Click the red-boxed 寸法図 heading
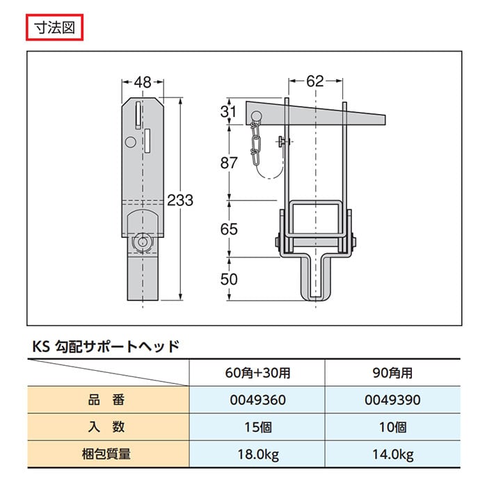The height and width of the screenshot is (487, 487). pyautogui.click(x=55, y=28)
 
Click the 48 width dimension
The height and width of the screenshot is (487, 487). pyautogui.click(x=143, y=82)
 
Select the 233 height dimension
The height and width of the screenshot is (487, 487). pyautogui.click(x=180, y=200)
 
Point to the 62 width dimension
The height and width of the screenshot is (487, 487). pyautogui.click(x=315, y=81)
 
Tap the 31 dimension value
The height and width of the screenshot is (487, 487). pyautogui.click(x=228, y=111)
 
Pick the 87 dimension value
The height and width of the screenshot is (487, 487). pyautogui.click(x=229, y=163)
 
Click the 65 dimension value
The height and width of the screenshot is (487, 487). pyautogui.click(x=229, y=229)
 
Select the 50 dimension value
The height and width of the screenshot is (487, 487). pyautogui.click(x=229, y=279)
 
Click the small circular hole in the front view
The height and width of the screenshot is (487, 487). pyautogui.click(x=131, y=142)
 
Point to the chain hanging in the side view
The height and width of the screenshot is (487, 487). pyautogui.click(x=255, y=144)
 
